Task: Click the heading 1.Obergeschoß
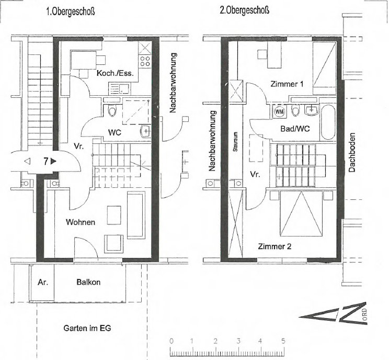coord(71,12)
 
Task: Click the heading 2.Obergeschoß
coord(244,10)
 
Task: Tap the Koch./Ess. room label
coord(115,73)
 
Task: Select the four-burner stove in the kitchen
coord(145,61)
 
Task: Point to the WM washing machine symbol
coord(280,111)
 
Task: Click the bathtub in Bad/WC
coord(328,122)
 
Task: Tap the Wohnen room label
coord(81,222)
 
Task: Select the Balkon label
coord(88,282)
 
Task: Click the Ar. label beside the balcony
coord(43,282)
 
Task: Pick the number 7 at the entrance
coord(45,161)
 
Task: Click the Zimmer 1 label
coord(287,84)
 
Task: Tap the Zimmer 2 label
coord(274,246)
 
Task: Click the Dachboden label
coord(352,152)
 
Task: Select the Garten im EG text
coord(87,328)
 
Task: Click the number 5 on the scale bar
coord(283,341)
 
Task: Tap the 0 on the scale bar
coord(171,341)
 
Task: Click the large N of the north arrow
coord(352,313)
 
